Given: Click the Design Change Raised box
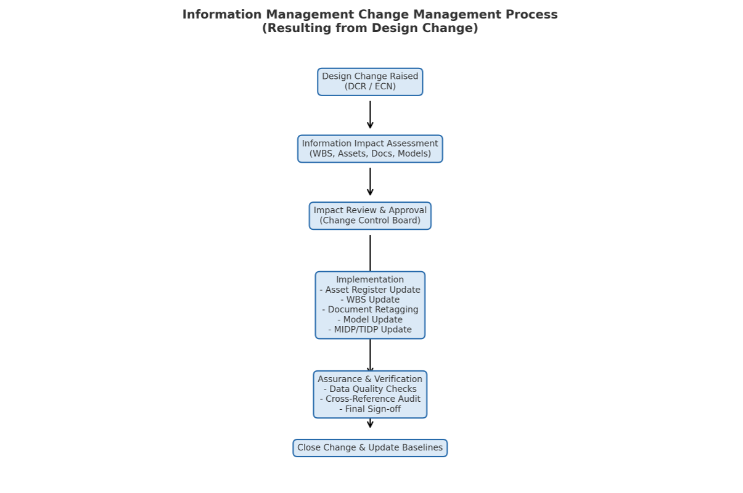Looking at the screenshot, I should (x=370, y=81).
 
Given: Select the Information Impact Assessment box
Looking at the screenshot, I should (x=370, y=149).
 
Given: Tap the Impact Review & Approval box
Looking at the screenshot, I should (x=370, y=216).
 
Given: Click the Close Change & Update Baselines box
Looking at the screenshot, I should (x=370, y=448).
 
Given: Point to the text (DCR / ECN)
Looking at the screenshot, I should (x=370, y=87).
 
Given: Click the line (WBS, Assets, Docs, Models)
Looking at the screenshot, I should (x=370, y=154).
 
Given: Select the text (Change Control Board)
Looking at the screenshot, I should (x=370, y=221).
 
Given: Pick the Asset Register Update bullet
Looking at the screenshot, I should (x=370, y=290).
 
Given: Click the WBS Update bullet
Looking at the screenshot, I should (x=370, y=299).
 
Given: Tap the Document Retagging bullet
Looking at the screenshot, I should (x=370, y=309).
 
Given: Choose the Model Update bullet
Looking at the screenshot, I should (x=370, y=319).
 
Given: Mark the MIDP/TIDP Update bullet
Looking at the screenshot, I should (x=370, y=330).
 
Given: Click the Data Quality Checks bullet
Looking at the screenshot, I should (x=370, y=389).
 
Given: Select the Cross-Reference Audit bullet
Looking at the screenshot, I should (x=370, y=399).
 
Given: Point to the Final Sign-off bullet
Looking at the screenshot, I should (x=370, y=409).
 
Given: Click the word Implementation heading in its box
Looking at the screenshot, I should (x=370, y=280).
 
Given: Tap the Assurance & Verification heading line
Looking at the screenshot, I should (x=370, y=379).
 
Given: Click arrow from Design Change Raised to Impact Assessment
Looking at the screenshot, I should (x=370, y=115).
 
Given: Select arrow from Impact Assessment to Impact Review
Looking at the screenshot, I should (x=370, y=182).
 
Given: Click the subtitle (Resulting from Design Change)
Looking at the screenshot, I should (x=370, y=28).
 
